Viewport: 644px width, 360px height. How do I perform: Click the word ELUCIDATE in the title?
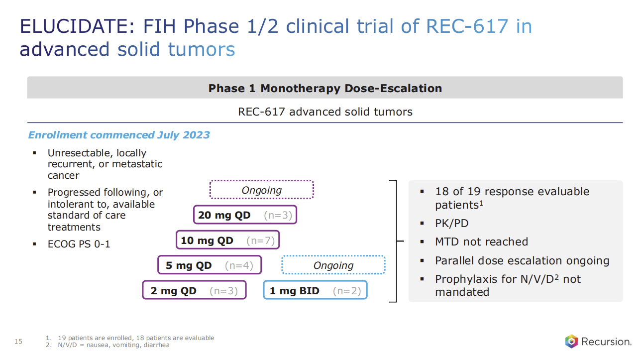(74, 26)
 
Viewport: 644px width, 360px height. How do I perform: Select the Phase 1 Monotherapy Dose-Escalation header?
(325, 88)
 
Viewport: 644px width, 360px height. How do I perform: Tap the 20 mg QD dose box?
(245, 215)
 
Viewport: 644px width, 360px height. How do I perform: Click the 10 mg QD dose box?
(228, 240)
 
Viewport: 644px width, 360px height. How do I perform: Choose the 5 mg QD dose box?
(210, 265)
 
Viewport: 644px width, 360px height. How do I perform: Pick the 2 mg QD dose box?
(194, 291)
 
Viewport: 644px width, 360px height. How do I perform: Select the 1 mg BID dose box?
(315, 291)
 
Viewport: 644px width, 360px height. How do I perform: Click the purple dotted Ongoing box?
(262, 190)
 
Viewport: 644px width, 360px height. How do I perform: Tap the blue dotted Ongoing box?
(333, 265)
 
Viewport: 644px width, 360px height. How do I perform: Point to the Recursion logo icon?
(571, 342)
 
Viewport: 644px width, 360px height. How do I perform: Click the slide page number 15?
(19, 341)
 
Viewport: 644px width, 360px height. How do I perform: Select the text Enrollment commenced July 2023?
(119, 135)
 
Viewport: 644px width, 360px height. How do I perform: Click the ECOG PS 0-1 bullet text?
(79, 244)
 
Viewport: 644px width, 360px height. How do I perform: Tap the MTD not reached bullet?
(481, 241)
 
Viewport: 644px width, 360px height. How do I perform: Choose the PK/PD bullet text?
(451, 224)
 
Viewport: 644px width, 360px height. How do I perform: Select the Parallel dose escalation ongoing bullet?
(522, 260)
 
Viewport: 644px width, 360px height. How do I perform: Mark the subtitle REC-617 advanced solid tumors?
(325, 112)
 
